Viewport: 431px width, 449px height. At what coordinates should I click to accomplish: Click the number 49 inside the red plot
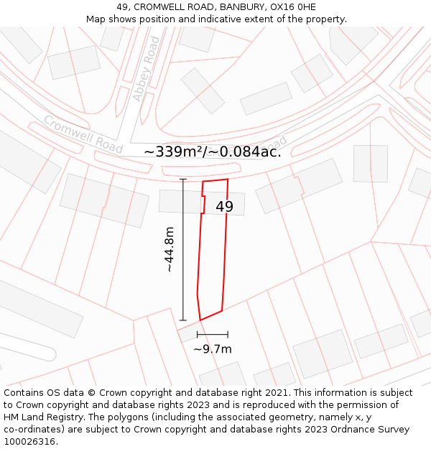(224, 207)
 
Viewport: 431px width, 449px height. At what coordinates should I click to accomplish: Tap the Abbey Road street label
(146, 69)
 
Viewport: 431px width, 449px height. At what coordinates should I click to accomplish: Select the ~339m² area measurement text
(175, 152)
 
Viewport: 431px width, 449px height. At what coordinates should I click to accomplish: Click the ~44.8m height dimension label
(169, 249)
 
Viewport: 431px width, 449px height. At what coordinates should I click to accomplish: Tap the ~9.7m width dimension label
(213, 349)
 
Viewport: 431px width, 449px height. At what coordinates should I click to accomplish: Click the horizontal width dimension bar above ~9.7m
(213, 334)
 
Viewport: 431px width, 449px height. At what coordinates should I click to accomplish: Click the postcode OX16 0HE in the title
(292, 7)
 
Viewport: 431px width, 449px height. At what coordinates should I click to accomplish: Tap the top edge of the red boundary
(215, 180)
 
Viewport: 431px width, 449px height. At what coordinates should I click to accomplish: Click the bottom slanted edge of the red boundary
(210, 315)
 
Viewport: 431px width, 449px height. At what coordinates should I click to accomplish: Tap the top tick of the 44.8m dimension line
(183, 179)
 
